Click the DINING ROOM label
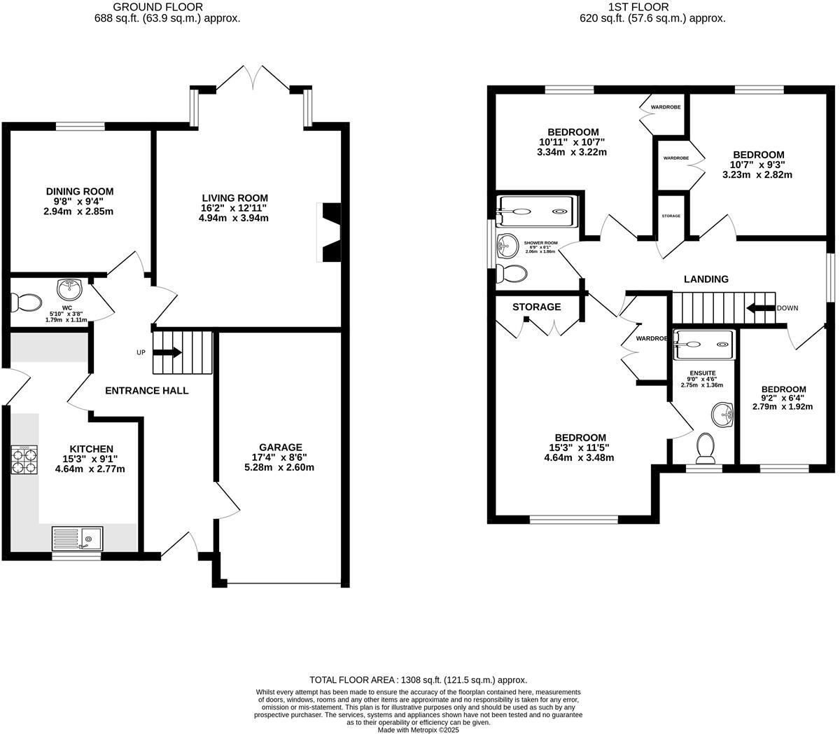(80, 191)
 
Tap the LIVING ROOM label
(234, 198)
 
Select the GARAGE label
(280, 447)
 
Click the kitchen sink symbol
(77, 539)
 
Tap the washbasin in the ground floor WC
(69, 287)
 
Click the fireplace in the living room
(329, 233)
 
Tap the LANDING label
(706, 279)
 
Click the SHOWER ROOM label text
(540, 242)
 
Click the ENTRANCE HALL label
(146, 390)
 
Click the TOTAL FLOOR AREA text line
(418, 679)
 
